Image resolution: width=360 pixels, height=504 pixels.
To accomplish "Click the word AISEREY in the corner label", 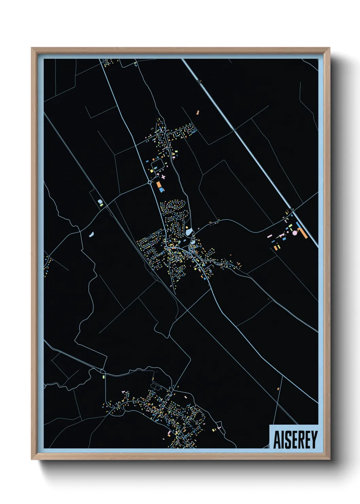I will click(295, 439).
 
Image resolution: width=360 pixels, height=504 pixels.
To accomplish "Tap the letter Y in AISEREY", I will click(313, 439).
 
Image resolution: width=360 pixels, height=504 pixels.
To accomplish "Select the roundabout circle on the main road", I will click(149, 183).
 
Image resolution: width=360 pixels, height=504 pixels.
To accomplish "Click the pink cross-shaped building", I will click(163, 177).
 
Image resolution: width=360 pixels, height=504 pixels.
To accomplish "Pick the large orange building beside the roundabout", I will click(159, 185).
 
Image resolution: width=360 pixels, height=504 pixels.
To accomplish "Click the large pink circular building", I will click(295, 233).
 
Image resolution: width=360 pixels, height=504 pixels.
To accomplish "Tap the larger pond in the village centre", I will click(189, 232).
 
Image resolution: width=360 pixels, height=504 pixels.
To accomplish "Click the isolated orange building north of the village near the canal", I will click(197, 112).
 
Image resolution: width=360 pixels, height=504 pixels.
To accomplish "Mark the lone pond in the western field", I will click(91, 234).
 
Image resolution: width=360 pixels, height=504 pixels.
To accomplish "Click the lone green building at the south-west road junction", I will click(102, 377).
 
